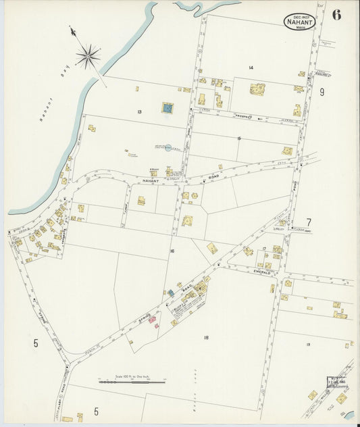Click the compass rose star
pyautogui.click(x=88, y=55)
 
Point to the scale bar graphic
pyautogui.click(x=132, y=382)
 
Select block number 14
pyautogui.click(x=250, y=68)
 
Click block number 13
pyautogui.click(x=138, y=111)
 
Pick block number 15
pyautogui.click(x=239, y=139)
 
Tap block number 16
pyautogui.click(x=173, y=251)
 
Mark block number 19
pyautogui.click(x=307, y=345)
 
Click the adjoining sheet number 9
pyautogui.click(x=322, y=93)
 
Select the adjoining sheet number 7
pyautogui.click(x=309, y=222)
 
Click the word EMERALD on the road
pyautogui.click(x=262, y=272)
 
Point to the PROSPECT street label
pyautogui.click(x=243, y=116)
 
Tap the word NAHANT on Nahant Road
pyautogui.click(x=152, y=182)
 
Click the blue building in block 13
pyautogui.click(x=167, y=107)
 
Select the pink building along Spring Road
pyautogui.click(x=152, y=318)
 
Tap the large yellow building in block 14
pyautogui.click(x=257, y=89)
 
